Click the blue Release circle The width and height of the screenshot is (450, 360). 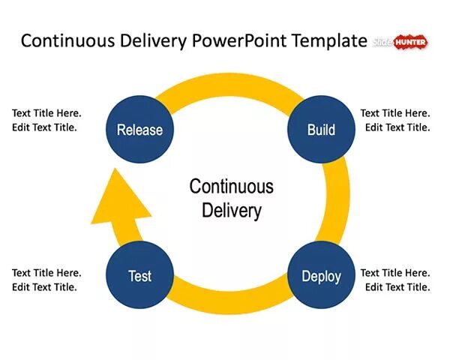pyautogui.click(x=139, y=129)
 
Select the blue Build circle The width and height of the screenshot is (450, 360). pyautogui.click(x=321, y=129)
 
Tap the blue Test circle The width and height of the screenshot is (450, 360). pyautogui.click(x=140, y=275)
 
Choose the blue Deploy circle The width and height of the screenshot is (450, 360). pyautogui.click(x=321, y=275)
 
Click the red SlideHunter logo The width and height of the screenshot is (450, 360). pyautogui.click(x=409, y=42)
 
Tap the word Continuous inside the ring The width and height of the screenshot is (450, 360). pyautogui.click(x=231, y=186)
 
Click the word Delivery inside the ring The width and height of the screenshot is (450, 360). pyautogui.click(x=231, y=210)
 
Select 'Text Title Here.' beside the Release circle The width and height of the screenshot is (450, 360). pyautogui.click(x=46, y=113)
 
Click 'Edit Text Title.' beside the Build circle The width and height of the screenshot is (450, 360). pyautogui.click(x=397, y=127)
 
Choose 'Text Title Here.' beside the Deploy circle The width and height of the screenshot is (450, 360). pyautogui.click(x=395, y=273)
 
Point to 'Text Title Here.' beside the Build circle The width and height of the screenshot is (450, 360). pyautogui.click(x=395, y=113)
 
